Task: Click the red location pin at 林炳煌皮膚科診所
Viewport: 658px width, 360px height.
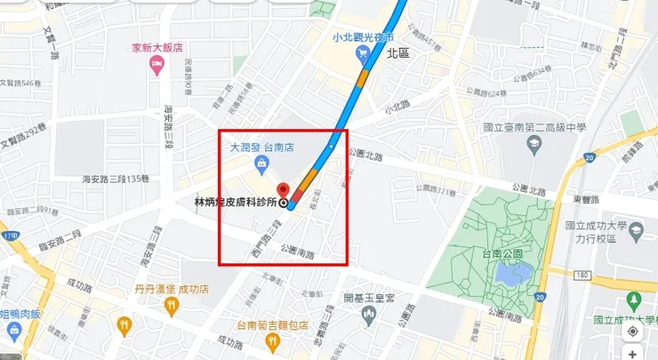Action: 284,190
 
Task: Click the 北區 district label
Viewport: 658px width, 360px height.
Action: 397,53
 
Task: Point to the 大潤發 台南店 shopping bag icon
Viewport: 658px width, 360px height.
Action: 261,163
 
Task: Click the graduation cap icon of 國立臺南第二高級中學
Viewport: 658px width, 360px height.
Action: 533,144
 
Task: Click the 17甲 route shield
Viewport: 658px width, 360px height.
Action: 10,236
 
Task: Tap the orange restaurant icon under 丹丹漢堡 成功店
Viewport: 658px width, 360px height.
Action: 172,306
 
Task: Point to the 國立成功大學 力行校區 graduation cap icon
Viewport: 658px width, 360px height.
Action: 636,232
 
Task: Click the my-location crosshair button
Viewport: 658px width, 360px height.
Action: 632,332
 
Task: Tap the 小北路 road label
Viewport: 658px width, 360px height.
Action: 398,106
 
